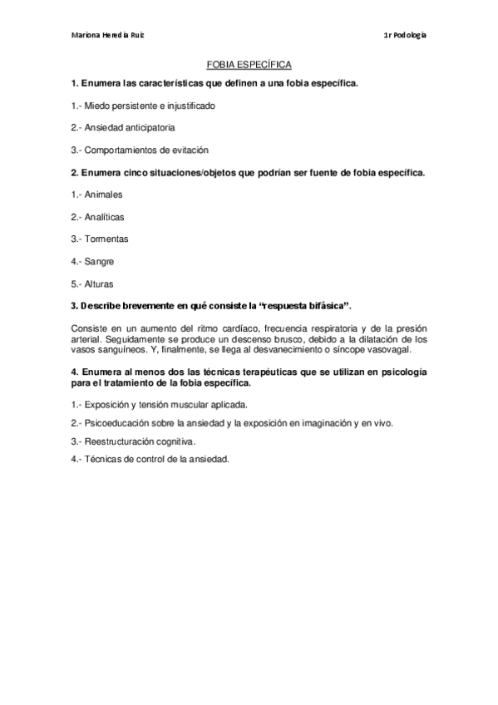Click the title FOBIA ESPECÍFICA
tap(249, 63)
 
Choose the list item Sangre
tap(100, 262)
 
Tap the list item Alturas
tap(101, 284)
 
